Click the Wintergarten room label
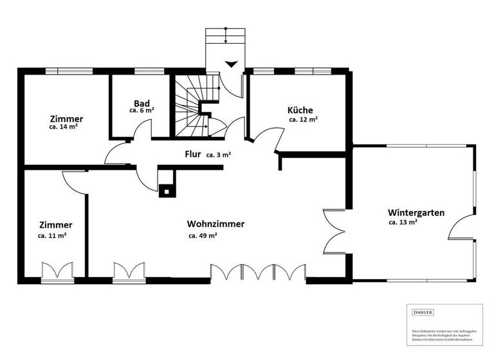point(416,212)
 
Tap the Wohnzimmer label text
point(215,224)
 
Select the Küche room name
point(300,110)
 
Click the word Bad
point(142,103)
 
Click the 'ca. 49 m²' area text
point(202,235)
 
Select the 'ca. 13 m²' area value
point(403,222)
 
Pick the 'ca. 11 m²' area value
point(52,235)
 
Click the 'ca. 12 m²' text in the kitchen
point(302,120)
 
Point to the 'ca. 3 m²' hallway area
point(219,155)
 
